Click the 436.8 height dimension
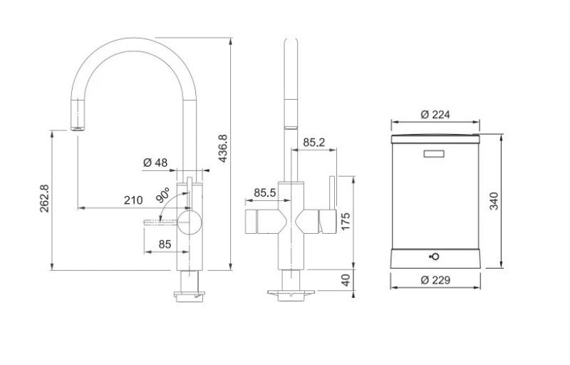[223, 148]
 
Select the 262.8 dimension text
[44, 203]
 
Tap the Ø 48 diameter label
[155, 163]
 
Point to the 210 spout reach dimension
[133, 200]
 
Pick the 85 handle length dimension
[165, 245]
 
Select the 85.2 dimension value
[313, 143]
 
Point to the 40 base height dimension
[346, 280]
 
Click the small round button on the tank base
[435, 257]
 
